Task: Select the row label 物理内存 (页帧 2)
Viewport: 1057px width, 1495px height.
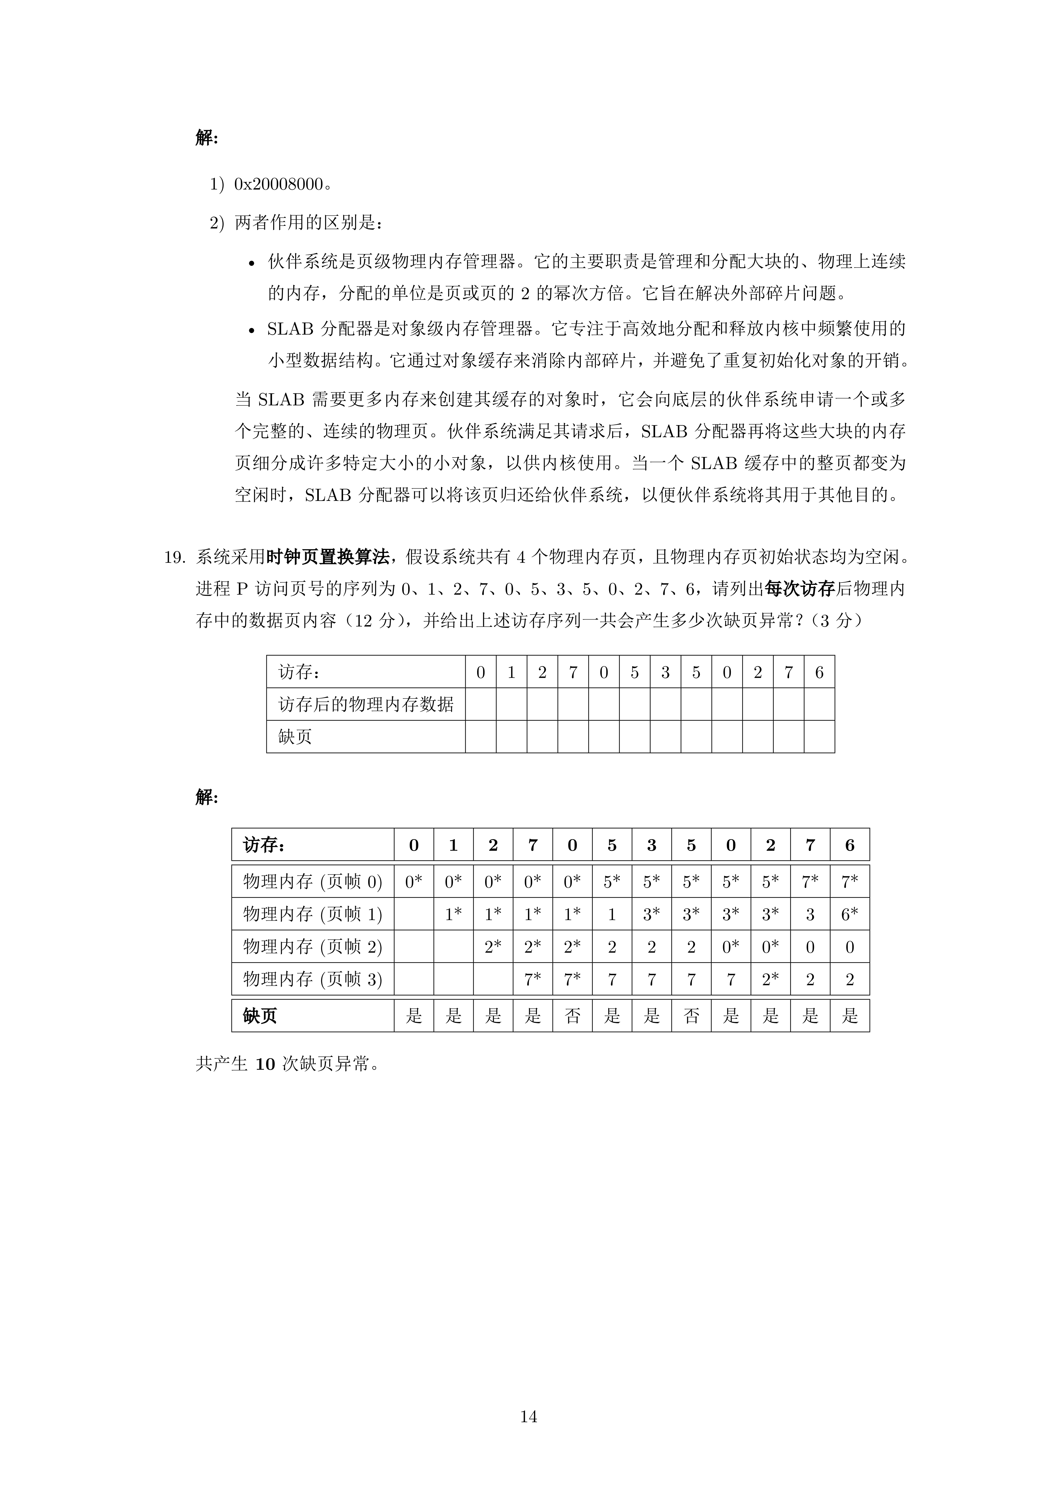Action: [313, 947]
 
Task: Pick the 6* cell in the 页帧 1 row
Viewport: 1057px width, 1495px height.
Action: [849, 914]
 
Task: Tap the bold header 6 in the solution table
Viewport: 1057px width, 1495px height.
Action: [849, 845]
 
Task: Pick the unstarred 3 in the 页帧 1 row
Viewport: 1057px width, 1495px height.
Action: [810, 914]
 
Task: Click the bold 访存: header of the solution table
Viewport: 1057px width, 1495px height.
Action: [264, 845]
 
